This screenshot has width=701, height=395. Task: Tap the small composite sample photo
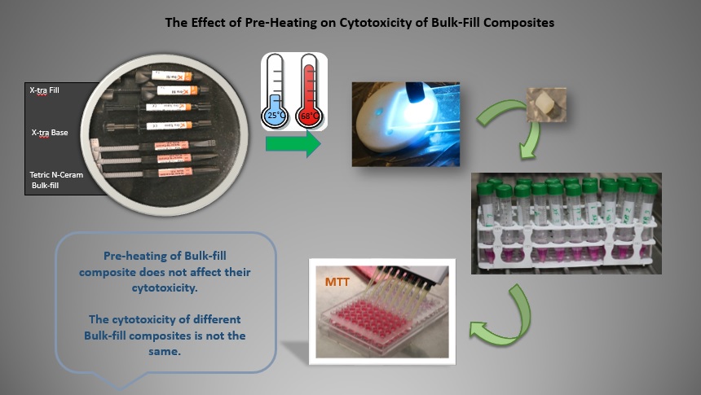[547, 103]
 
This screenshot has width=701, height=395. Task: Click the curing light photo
[405, 123]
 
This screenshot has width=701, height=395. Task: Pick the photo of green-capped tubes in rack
[567, 222]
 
